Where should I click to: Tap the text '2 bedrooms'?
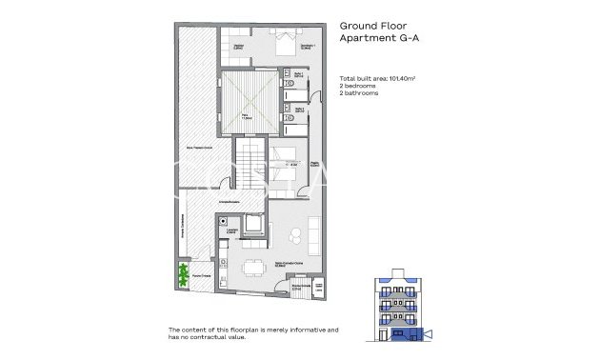[358, 86]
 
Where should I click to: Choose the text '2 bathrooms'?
[359, 93]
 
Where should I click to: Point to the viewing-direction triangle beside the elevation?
[429, 333]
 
